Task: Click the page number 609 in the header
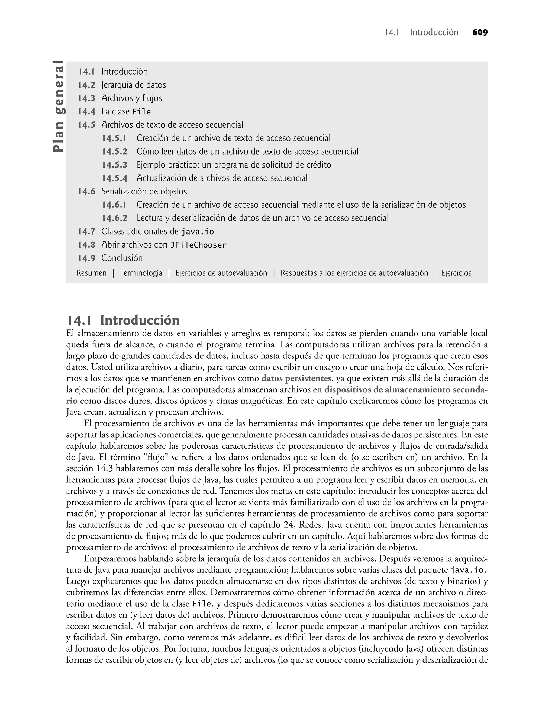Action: [x=480, y=33]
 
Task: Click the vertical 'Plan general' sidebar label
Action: [x=59, y=106]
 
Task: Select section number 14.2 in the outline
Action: [x=86, y=85]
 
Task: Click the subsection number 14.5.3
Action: [x=115, y=165]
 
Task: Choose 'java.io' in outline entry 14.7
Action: [x=197, y=232]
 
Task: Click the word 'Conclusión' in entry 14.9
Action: [x=122, y=258]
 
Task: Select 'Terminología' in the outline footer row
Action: [x=141, y=273]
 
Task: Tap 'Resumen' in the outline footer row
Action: [x=91, y=273]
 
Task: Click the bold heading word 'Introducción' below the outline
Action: [x=140, y=321]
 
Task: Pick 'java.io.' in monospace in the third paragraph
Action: [x=469, y=570]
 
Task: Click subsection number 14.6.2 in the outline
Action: [x=115, y=219]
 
